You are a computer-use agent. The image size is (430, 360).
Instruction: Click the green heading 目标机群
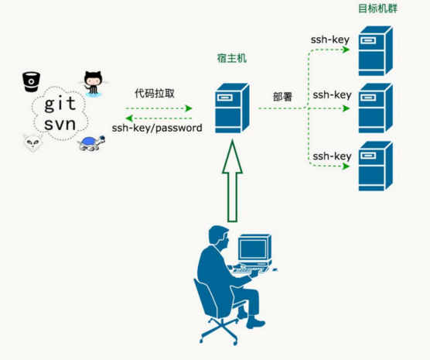377,9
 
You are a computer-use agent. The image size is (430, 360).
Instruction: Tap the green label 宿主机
232,58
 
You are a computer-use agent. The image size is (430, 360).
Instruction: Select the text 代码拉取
155,94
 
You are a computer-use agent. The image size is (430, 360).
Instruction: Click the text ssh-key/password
157,128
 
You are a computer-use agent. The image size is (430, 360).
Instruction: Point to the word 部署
283,97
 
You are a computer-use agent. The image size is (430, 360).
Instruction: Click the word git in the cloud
60,104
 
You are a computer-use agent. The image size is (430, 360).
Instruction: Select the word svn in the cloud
60,124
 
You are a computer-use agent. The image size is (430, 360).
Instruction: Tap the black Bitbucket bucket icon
31,81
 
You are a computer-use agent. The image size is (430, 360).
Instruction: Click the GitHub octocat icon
94,84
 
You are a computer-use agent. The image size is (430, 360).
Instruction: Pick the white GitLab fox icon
32,142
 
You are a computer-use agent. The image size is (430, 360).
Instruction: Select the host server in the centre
232,108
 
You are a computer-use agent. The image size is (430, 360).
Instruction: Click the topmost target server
375,51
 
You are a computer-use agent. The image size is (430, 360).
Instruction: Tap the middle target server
375,108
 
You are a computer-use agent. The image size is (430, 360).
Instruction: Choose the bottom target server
375,166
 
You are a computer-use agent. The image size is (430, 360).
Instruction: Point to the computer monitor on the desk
254,248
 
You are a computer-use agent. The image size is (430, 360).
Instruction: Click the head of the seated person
219,237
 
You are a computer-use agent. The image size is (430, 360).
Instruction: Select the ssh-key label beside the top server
330,39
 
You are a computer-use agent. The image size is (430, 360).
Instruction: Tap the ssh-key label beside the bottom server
332,156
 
